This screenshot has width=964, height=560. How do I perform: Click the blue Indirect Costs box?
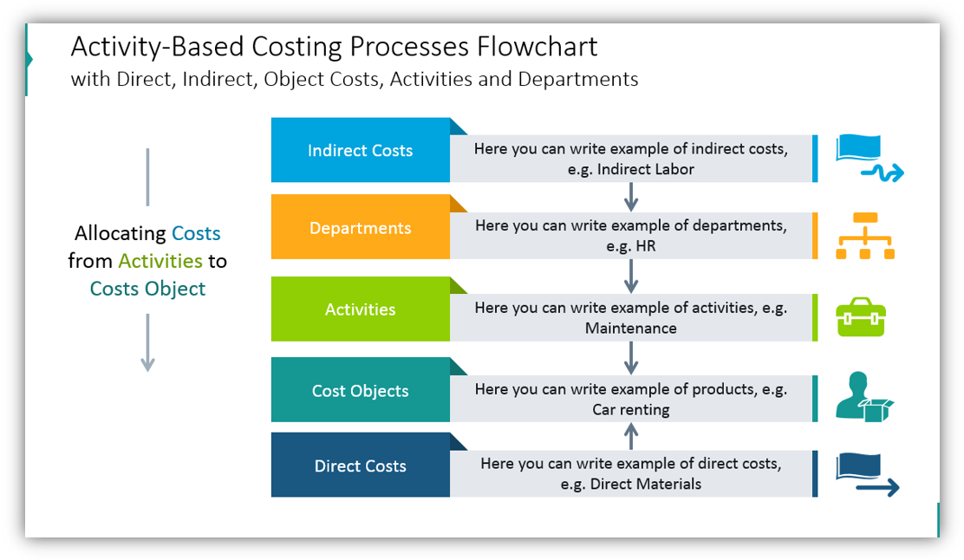tap(360, 150)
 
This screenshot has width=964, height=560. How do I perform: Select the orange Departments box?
tap(360, 228)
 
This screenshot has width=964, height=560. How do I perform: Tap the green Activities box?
tap(360, 309)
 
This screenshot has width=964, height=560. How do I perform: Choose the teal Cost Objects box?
tap(360, 391)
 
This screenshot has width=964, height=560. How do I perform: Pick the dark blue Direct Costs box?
tap(360, 466)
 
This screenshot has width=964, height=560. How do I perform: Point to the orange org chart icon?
tap(864, 236)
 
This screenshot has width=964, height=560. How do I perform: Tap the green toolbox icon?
tap(860, 318)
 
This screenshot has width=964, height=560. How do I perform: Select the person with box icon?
tap(863, 397)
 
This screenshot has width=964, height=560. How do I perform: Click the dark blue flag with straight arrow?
tap(865, 475)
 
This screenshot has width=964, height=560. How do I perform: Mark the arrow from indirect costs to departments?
tap(631, 197)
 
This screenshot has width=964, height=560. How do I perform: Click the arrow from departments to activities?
tap(631, 276)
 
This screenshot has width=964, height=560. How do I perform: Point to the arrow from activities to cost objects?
tap(631, 357)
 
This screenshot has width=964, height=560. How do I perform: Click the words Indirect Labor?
tap(645, 170)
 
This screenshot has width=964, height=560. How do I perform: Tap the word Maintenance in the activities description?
tap(631, 329)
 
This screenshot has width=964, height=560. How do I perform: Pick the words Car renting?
tap(631, 410)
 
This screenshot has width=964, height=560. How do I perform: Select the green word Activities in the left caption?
tap(160, 261)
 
